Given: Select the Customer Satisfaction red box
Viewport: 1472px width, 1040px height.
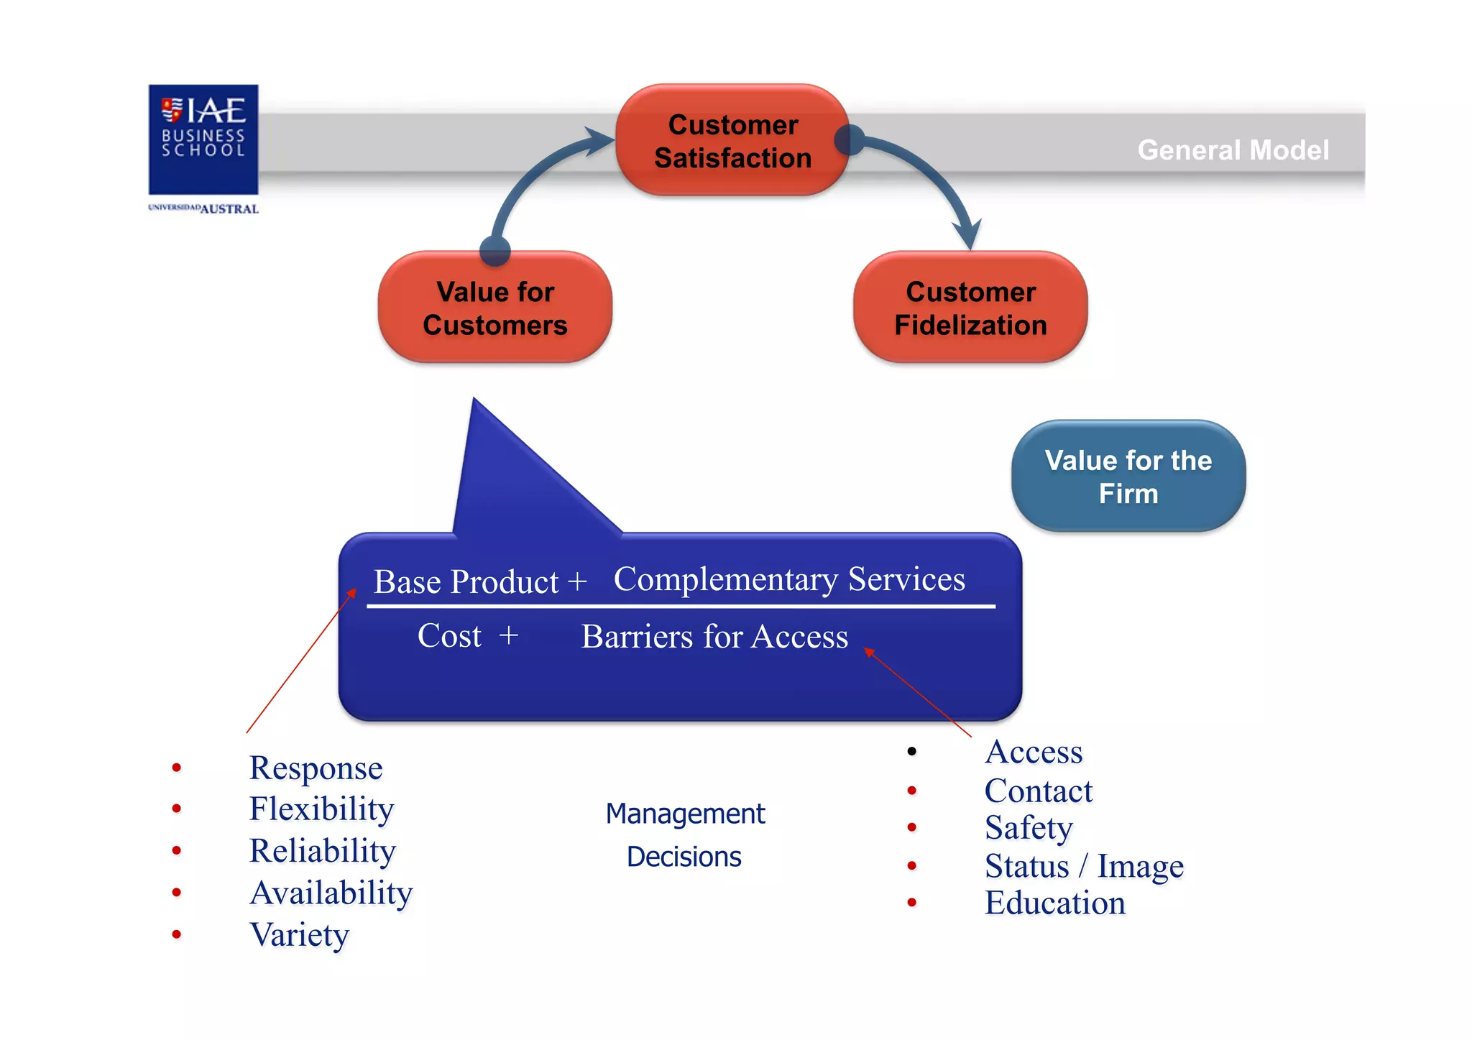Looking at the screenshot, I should point(732,141).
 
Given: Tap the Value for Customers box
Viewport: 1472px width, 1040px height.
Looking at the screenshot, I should point(495,308).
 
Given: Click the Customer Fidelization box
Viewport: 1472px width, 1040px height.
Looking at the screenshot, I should point(970,308).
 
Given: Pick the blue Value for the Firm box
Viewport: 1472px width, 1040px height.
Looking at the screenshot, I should point(1128,477).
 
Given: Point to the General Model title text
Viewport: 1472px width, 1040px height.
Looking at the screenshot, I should point(1233,150).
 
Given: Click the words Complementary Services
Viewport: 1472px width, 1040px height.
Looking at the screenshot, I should point(788,579).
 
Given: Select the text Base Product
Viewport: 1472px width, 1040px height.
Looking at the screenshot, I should point(466,581).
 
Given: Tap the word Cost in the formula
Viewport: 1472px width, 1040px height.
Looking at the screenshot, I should point(449,636).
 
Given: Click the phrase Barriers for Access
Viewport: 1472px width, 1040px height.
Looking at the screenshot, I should point(714,637).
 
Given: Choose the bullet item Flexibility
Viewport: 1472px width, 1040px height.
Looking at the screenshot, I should point(321,809).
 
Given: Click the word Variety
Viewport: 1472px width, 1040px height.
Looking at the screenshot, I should point(299,934).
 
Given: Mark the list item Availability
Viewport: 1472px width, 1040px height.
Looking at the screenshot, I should point(331,893).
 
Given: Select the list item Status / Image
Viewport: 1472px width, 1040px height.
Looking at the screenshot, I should point(1083,866).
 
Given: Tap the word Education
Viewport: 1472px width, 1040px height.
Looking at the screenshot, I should point(1054,903).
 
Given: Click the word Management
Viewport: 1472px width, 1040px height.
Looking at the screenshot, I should point(685,814).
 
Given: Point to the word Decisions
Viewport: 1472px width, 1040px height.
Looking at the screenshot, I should point(684,857).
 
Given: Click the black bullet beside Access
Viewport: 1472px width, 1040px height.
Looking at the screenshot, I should point(911,752).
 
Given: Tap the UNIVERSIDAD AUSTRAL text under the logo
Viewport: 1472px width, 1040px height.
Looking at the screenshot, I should point(203,209).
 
